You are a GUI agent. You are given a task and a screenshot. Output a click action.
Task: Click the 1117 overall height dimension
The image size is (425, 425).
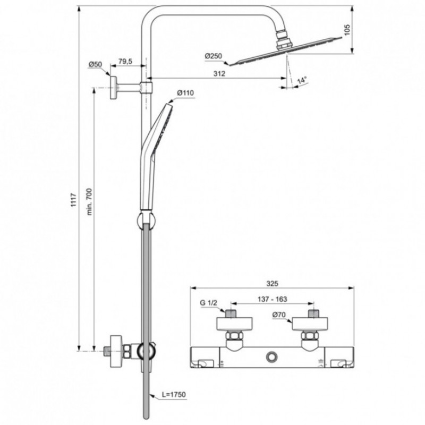point(74,200)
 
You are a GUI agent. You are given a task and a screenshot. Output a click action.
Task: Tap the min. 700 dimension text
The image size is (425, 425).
point(89,201)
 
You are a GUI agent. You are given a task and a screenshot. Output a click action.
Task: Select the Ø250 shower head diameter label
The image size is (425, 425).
point(214,56)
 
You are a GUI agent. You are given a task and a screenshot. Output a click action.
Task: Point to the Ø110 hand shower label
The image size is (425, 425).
point(185,93)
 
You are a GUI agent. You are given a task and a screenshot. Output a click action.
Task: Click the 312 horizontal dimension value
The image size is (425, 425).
point(219,73)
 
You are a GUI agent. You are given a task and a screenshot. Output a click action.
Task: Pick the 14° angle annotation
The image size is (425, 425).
point(301,81)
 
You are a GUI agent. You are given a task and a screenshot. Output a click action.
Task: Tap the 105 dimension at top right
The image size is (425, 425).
point(347,30)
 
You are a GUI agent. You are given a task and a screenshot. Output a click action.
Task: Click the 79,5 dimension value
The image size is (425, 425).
point(125,62)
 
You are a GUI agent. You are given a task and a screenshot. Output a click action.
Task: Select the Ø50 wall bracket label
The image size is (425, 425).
point(95,64)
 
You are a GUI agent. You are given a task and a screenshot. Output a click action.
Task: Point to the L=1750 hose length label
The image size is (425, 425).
point(174,394)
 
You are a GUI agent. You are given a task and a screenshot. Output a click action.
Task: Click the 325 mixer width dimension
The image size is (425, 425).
point(272,284)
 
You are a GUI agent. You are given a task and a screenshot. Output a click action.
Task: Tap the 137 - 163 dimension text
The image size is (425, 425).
point(272,299)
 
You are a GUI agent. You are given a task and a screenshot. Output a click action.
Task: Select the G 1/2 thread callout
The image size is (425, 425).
point(208,303)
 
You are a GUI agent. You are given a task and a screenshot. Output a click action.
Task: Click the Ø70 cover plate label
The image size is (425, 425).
point(279,315)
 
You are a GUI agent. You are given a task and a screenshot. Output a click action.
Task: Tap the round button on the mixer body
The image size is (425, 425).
point(272,356)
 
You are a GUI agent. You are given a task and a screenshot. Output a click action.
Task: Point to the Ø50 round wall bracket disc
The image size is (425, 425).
point(113,88)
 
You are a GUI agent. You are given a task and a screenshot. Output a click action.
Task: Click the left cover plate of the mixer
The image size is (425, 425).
point(234,324)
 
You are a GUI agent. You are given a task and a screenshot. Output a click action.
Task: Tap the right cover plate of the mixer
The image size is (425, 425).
point(310,324)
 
